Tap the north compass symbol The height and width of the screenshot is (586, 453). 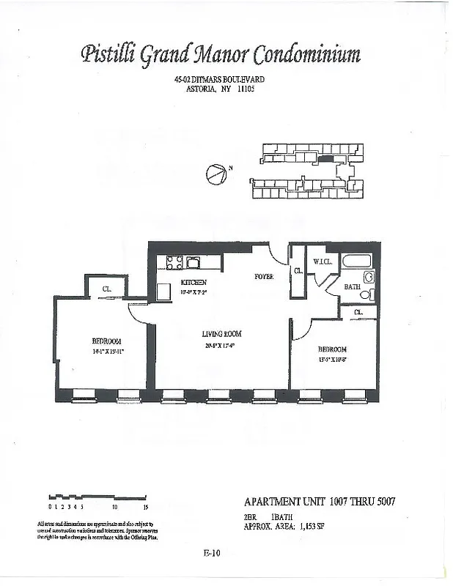pyautogui.click(x=216, y=174)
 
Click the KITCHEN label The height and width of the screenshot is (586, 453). pyautogui.click(x=194, y=282)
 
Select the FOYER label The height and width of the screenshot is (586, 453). pyautogui.click(x=264, y=277)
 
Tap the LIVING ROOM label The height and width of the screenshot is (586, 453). pyautogui.click(x=222, y=334)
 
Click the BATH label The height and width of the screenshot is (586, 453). pyautogui.click(x=352, y=287)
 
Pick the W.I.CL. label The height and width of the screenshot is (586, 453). pyautogui.click(x=323, y=262)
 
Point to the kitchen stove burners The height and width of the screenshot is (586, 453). pyautogui.click(x=176, y=262)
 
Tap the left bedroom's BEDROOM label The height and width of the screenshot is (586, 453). pyautogui.click(x=106, y=341)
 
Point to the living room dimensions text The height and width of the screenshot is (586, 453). pyautogui.click(x=222, y=345)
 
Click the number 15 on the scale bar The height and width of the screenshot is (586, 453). pyautogui.click(x=146, y=506)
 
